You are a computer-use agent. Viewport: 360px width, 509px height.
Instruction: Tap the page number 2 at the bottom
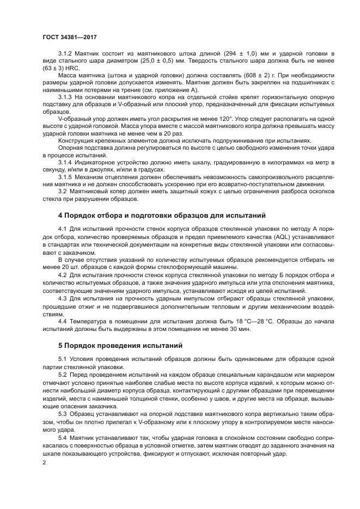[45, 462]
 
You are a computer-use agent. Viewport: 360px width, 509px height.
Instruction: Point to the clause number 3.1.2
[66, 54]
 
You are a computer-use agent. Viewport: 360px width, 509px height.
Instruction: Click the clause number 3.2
[63, 191]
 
